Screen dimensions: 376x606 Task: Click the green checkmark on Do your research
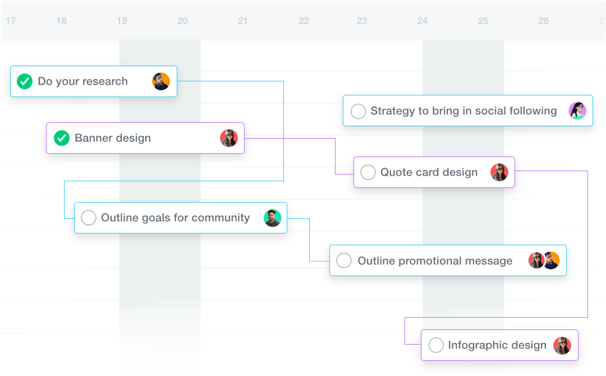24,81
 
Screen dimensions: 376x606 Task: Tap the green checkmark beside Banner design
62,138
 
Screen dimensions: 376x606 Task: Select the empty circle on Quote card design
368,172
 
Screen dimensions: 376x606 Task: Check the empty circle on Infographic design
436,345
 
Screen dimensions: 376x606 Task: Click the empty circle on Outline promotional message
343,261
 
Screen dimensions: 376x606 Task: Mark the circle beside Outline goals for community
89,218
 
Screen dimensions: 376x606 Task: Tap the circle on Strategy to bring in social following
358,111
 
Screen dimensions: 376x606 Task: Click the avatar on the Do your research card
161,81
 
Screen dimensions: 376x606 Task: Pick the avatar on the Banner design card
229,138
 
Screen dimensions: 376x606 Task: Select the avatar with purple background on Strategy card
577,111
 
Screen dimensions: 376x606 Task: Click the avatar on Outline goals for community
273,218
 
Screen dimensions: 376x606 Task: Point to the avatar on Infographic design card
562,345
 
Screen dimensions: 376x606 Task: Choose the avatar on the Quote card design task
499,172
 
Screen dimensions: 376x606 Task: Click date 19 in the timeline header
122,21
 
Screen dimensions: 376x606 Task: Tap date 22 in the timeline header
304,21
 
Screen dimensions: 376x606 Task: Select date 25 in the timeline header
483,21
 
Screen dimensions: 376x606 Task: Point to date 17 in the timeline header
11,21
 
